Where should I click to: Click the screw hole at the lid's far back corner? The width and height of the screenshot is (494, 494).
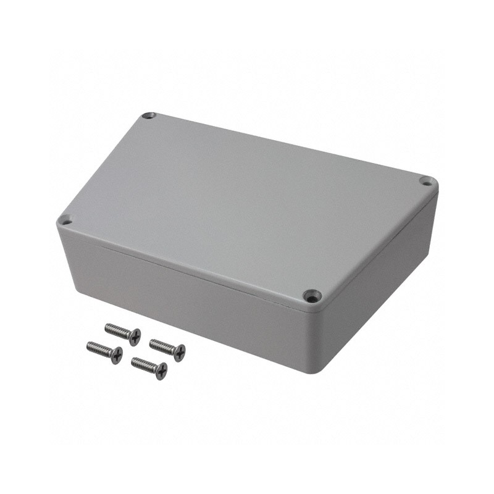point(148,115)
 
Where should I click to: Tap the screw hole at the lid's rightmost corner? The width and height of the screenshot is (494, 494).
point(425,181)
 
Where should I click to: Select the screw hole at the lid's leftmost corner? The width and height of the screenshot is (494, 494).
point(65,219)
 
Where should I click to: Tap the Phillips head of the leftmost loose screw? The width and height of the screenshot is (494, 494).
point(116,355)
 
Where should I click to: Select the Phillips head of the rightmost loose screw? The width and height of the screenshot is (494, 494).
point(179,353)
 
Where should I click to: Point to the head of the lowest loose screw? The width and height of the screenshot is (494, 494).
point(161,371)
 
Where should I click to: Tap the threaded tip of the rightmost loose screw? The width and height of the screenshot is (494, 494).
point(152,342)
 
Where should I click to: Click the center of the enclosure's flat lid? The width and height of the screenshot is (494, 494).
point(247,204)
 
